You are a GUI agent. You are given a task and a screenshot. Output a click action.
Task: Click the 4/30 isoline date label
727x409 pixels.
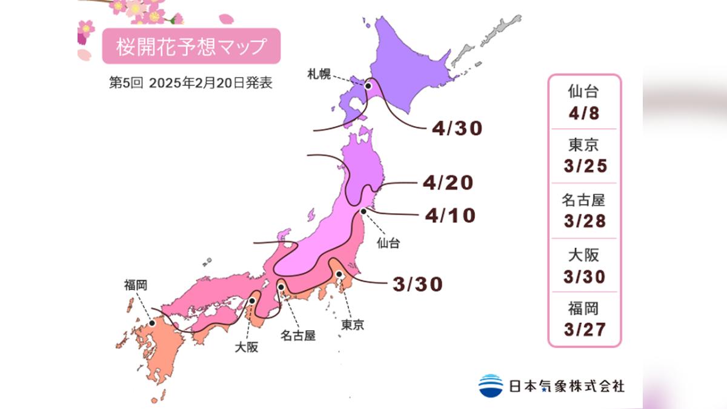coord(457,128)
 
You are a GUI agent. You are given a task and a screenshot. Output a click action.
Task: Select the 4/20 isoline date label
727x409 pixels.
coord(449,182)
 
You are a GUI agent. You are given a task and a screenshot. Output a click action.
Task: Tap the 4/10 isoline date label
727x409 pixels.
coord(450,215)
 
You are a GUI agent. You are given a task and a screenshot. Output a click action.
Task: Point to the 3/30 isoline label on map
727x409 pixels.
coord(417,283)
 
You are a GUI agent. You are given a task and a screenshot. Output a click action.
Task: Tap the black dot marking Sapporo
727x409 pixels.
coord(368,87)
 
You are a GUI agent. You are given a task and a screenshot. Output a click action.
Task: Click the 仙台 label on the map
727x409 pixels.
coord(388,244)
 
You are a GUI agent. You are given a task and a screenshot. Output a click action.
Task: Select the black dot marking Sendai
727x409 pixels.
coord(363,211)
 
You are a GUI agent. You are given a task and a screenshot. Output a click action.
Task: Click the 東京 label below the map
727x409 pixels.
coord(353,325)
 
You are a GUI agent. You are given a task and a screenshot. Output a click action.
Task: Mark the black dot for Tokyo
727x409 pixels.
coord(340,274)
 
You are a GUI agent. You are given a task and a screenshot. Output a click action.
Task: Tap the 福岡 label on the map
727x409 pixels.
coord(134,284)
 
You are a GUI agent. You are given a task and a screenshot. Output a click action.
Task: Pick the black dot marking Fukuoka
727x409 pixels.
coord(152,323)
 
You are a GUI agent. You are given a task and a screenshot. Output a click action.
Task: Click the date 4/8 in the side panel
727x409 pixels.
coord(584,113)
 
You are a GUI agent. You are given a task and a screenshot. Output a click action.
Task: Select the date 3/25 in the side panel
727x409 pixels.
coord(584,167)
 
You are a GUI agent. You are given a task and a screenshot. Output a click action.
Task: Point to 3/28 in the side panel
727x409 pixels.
coord(584,221)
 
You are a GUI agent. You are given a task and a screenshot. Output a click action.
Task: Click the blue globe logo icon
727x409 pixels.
coord(491,385)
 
